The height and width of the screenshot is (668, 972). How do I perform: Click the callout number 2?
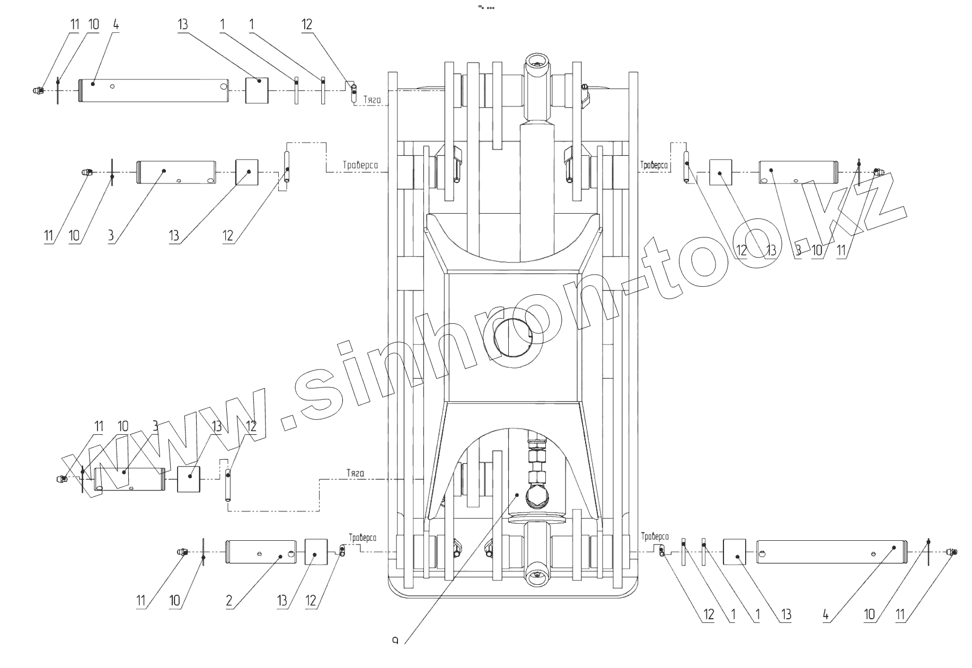click(x=229, y=601)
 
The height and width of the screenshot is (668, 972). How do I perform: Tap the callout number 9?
click(x=395, y=640)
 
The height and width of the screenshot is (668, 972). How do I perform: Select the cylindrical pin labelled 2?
click(x=261, y=553)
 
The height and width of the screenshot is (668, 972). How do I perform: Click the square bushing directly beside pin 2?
click(x=316, y=553)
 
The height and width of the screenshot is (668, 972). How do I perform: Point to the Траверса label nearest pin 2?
click(x=363, y=538)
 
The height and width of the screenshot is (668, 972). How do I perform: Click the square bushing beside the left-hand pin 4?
click(x=257, y=91)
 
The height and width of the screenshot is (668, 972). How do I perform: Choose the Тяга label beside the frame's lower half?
click(x=356, y=473)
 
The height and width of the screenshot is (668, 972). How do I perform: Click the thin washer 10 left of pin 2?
click(x=204, y=553)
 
